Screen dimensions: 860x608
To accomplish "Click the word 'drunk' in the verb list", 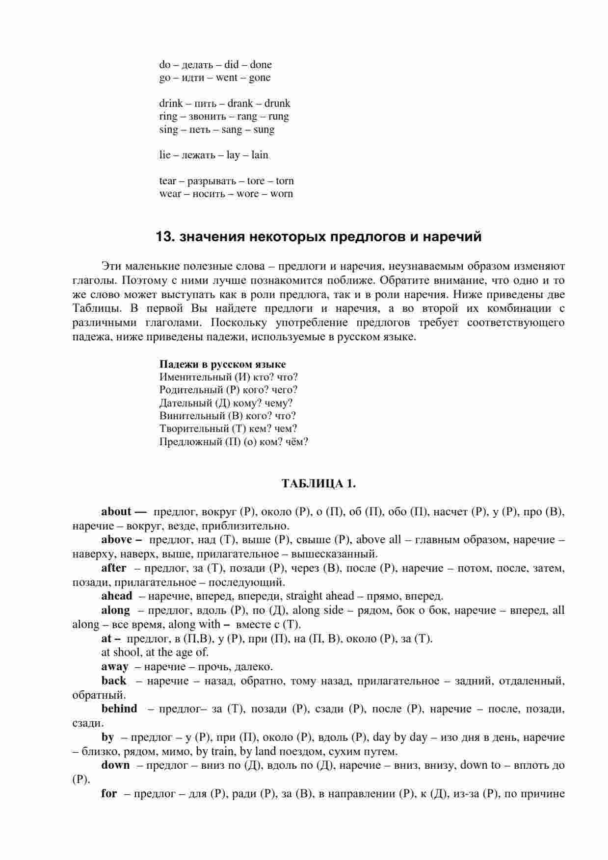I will pos(277,103).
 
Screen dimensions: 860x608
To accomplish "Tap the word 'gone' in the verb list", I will pos(260,78).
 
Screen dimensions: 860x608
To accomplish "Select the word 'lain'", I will pos(260,155).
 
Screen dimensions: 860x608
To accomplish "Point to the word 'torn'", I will pos(285,181).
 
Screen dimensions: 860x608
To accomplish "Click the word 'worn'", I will pos(282,194).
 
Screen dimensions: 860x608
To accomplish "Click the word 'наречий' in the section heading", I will pos(452,237).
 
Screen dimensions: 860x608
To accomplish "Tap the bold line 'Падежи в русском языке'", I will pos(222,364).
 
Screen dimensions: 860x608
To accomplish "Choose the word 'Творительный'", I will pos(193,429).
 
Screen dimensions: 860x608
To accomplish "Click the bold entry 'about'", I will pos(116,512).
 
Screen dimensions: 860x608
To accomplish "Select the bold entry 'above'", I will pos(117,540).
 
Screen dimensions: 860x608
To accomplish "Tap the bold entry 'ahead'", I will pos(117,596).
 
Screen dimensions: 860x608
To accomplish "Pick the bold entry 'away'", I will pos(115,667).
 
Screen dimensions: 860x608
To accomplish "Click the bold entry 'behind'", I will pos(119,709).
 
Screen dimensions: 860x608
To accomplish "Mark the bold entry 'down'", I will pos(116,765).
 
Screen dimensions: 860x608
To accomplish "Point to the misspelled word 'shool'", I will pos(127,653).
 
